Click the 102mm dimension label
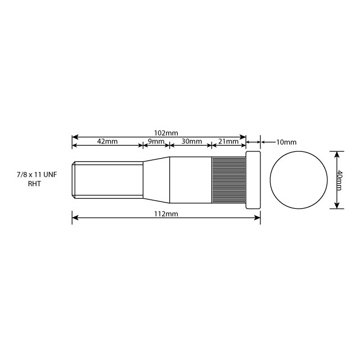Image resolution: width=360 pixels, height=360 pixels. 166,133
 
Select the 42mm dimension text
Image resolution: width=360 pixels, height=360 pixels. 107,141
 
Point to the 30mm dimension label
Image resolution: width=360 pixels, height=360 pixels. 190,141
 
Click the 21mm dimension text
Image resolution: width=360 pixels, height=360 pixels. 228,141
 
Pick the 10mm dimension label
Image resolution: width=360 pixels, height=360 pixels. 286,143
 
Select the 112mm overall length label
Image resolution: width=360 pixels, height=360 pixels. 166,214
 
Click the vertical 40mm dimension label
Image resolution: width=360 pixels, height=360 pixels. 341,180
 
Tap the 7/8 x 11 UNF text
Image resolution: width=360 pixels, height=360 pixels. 37,176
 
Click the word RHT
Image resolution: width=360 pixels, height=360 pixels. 35,184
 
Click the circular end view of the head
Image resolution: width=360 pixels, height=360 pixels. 298,180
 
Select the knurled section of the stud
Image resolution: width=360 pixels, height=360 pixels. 228,180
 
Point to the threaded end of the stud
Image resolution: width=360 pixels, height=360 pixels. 107,180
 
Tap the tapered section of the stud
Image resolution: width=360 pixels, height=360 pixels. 156,180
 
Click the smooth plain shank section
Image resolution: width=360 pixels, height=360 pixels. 190,180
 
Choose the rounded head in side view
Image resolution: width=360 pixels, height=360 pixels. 253,180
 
